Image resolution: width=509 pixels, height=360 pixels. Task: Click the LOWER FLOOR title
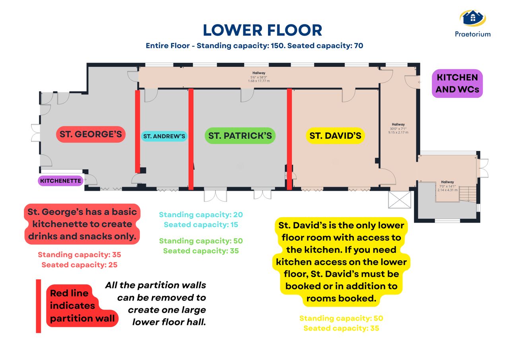pos(262,30)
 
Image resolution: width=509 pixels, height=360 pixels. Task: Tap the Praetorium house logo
pos(472,18)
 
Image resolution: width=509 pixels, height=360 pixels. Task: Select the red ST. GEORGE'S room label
pos(91,134)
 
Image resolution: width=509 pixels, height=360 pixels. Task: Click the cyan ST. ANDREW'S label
pos(164,136)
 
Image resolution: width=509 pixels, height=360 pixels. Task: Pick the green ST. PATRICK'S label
pos(240,136)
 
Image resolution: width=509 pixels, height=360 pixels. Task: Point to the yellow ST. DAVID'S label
pos(335,136)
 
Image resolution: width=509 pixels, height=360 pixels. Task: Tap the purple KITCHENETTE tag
pos(60,181)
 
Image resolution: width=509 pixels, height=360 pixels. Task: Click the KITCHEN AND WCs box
pos(457,84)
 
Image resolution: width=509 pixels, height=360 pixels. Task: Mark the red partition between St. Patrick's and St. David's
pos(289,139)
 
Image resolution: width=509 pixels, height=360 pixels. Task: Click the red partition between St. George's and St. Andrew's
pos(137,131)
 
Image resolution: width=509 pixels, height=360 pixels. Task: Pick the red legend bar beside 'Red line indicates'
pos(39,306)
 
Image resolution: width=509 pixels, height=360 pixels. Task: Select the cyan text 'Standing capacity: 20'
pos(201,215)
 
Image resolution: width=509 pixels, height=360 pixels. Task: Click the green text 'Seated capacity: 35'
pos(201,251)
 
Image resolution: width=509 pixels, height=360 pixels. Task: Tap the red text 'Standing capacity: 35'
pos(80,255)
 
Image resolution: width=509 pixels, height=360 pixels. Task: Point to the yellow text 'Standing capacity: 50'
pos(341,318)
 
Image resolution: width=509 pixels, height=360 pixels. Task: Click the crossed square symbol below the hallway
pos(400,199)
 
